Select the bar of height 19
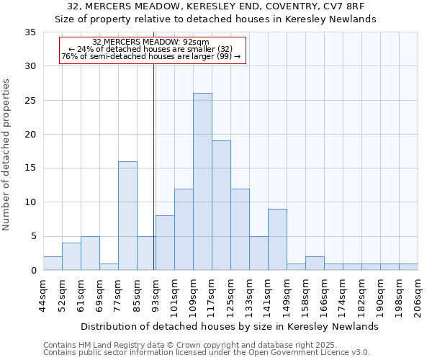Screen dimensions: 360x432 coord(221,205)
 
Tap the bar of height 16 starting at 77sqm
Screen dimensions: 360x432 coord(127,215)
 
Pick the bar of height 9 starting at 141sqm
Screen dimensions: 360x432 coord(277,239)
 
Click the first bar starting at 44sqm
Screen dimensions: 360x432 coord(53,263)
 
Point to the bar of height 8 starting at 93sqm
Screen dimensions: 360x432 coord(165,243)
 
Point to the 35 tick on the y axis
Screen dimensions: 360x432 coord(30,32)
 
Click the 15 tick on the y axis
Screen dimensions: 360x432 coord(30,168)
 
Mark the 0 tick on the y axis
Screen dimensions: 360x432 coord(33,270)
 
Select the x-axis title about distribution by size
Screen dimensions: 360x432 coord(229,327)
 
